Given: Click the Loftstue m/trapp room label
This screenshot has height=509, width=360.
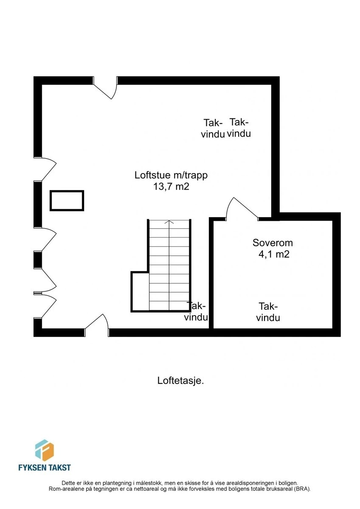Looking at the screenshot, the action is pos(171,176).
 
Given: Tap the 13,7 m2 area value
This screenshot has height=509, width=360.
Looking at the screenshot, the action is pos(171,187).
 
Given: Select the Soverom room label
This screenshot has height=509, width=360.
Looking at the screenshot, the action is pos(273,243).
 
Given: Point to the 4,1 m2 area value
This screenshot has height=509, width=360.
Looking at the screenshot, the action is pos(274,254).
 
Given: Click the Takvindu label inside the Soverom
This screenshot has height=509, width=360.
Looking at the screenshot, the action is pos(268,312).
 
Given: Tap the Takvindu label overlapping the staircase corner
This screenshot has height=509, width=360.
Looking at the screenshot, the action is pos(196,311).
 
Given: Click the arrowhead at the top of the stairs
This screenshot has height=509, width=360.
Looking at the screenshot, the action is pos(169,222).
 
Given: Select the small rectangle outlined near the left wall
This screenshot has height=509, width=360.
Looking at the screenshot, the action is pos(67,201).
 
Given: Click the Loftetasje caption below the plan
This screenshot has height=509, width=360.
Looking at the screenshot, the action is pos(180,380).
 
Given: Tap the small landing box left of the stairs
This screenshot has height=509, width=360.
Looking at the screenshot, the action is pos(141,291).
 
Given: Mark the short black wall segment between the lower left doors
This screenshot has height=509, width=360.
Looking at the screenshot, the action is pos(38,260).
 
